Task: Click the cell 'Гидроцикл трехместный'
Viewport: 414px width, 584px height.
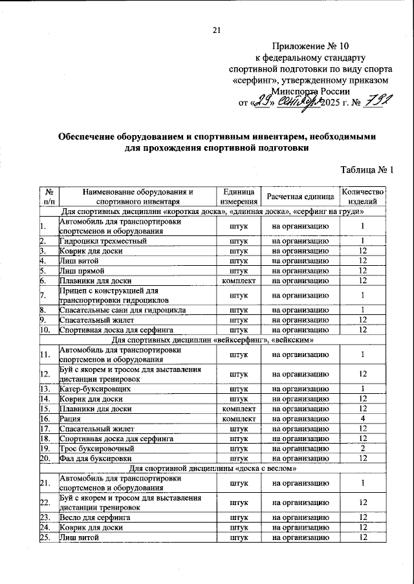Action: coord(103,241)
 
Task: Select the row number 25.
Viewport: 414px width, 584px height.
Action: coord(44,537)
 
